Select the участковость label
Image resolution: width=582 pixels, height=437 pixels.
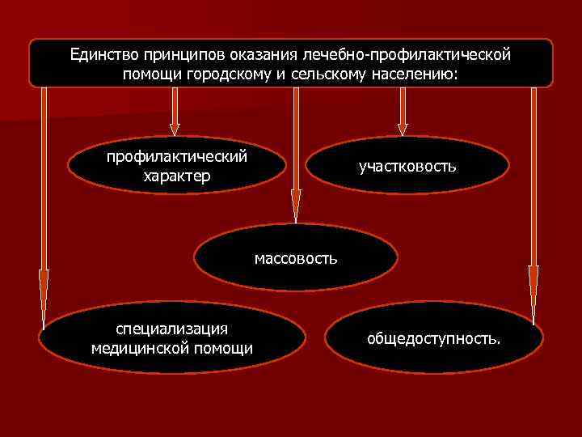point(407,166)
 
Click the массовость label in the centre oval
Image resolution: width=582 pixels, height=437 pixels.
point(296,259)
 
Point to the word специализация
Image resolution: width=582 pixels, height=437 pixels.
point(171,329)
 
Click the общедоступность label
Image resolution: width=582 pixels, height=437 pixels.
point(433,337)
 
